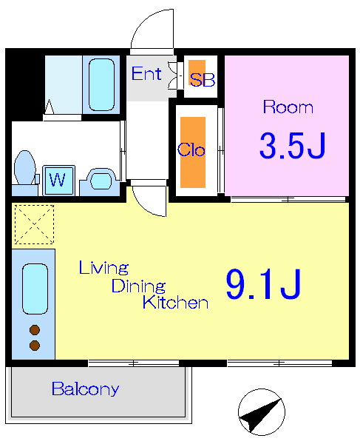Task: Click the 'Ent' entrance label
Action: pos(146,73)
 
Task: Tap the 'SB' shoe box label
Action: pos(203,80)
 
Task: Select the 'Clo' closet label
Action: pos(191,149)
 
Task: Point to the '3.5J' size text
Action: pos(293,146)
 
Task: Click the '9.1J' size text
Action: pos(263,284)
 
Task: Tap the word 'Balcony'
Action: pos(86,389)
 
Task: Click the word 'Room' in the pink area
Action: pos(288,107)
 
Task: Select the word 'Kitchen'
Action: pos(175,302)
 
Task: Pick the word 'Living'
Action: pos(103,268)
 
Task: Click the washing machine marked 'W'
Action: pos(58,180)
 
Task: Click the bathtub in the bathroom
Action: pos(101,84)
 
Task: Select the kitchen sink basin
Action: pos(35,289)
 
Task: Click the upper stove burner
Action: pos(35,330)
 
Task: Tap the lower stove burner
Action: pos(35,346)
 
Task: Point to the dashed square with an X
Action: pos(34,224)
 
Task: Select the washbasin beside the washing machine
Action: pos(100,181)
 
